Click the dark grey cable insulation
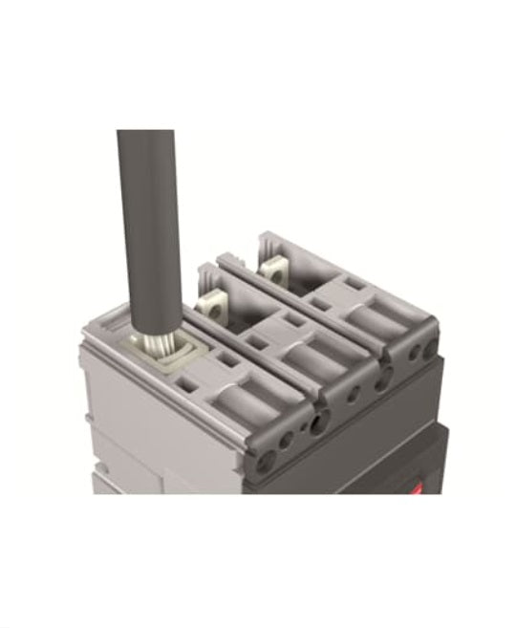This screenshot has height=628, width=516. tap(149, 220)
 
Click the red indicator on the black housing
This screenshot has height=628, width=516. tap(418, 490)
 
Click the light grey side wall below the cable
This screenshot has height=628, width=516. tap(143, 421)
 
